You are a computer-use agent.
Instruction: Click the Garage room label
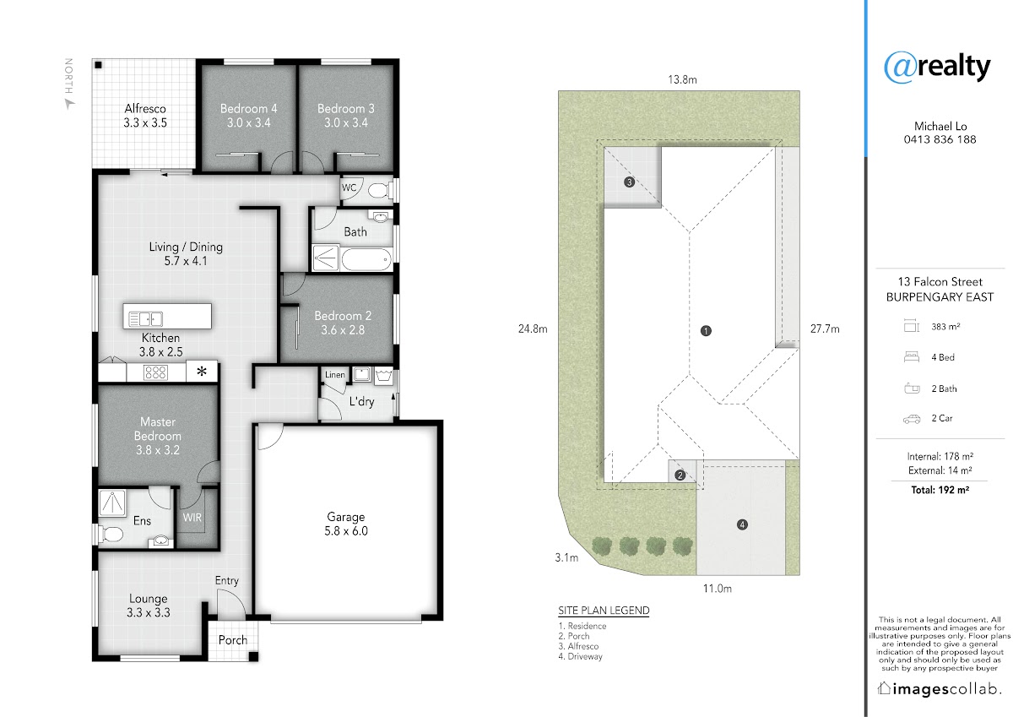tap(346, 524)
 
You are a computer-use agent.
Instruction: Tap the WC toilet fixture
tap(380, 190)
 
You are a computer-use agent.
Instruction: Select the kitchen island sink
tap(145, 318)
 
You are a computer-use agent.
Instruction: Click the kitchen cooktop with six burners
tap(155, 372)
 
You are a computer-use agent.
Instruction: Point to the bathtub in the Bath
tap(366, 259)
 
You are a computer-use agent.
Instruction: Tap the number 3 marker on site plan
tap(629, 182)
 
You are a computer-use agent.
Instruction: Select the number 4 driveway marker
tap(742, 524)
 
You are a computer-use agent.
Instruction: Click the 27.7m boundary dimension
tap(825, 329)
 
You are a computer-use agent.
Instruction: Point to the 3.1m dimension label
tap(566, 557)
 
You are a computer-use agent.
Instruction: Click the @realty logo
tap(938, 67)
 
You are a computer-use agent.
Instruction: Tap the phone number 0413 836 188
tap(940, 139)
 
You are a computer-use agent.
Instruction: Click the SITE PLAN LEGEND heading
tap(604, 611)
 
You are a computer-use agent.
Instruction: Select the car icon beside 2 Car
tap(912, 419)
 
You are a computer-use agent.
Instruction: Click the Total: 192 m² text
tap(940, 490)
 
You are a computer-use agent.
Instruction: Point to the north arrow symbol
tap(69, 105)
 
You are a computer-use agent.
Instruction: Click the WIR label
tap(192, 517)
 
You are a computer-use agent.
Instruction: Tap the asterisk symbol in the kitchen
tap(202, 372)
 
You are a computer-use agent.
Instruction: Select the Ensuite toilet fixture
tap(111, 535)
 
